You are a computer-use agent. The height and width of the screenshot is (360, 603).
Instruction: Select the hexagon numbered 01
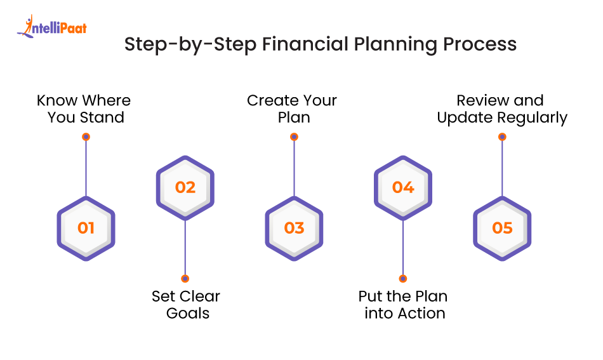point(86,228)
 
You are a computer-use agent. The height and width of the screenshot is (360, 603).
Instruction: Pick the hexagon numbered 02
point(185,187)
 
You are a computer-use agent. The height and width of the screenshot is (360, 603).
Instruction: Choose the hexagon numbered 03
point(294,228)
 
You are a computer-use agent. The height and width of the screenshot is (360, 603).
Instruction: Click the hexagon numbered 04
point(402,187)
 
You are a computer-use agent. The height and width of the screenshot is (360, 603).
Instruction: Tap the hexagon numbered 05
point(502,228)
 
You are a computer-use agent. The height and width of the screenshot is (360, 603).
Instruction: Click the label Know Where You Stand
point(84,109)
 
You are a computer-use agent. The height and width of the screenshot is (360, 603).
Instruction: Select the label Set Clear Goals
point(186,305)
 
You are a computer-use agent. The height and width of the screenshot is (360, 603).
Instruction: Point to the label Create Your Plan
point(292,109)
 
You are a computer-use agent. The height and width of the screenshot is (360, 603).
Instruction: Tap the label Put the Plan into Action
point(404,305)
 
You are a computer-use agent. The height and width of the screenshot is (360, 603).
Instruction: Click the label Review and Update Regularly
point(501,109)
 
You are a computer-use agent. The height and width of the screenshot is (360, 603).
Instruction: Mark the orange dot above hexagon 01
point(86,137)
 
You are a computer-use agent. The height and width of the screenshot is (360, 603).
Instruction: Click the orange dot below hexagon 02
point(185,279)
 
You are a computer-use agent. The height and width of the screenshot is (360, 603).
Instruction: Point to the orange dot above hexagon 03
point(294,137)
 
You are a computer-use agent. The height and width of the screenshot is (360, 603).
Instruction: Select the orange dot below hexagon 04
point(402,279)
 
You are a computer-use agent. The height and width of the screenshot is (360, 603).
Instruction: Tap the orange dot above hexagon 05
point(502,137)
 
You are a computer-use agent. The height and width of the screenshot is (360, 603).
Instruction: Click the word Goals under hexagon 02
point(188,313)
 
